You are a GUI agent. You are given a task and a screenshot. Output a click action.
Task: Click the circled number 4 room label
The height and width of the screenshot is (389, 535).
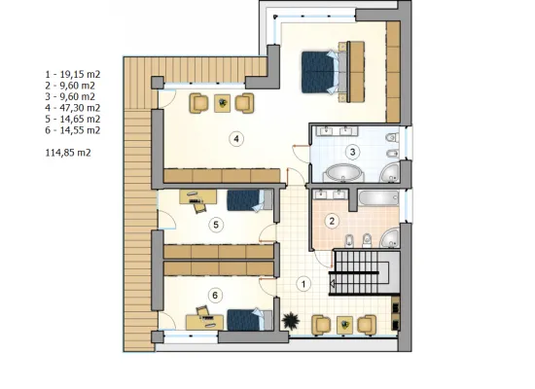[x=236, y=139]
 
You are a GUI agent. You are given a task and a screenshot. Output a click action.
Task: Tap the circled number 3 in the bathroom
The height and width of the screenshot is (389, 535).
[x=352, y=152]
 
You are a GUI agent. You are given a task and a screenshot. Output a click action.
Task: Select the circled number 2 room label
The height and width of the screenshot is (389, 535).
[x=332, y=221]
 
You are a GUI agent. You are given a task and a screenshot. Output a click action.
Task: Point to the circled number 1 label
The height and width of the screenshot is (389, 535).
[x=303, y=284]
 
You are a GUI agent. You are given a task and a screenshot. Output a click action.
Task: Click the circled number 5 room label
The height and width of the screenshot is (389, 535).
[x=216, y=225]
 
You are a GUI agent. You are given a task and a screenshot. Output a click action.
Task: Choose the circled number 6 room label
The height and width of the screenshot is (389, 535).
[x=215, y=296]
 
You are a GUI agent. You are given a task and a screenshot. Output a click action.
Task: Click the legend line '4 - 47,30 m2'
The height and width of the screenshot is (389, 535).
[x=73, y=108]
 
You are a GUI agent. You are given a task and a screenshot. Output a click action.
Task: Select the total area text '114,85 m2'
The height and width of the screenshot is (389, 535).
[x=68, y=153]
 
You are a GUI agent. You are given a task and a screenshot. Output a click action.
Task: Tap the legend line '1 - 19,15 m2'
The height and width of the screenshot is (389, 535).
[x=73, y=74]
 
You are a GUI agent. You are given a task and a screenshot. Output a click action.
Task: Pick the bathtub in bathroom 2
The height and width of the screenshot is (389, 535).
[x=378, y=198]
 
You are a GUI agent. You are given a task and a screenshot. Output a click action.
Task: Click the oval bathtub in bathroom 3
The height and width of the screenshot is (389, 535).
[x=343, y=173]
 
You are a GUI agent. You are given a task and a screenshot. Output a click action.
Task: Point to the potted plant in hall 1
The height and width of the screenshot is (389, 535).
[x=291, y=321]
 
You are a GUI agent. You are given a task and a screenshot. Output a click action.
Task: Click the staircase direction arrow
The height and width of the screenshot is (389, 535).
[x=332, y=283]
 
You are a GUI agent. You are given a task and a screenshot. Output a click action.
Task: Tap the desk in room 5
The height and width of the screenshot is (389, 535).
[x=197, y=196]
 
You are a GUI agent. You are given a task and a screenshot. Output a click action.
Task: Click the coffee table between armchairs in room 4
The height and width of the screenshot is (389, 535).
[x=222, y=103]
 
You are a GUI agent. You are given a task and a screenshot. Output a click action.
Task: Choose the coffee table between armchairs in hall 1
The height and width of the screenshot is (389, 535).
[x=344, y=325]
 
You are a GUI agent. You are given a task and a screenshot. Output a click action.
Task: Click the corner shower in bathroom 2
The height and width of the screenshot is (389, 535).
[x=390, y=238]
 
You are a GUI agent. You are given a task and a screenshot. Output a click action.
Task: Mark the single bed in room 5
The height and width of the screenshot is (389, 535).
[x=250, y=200]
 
